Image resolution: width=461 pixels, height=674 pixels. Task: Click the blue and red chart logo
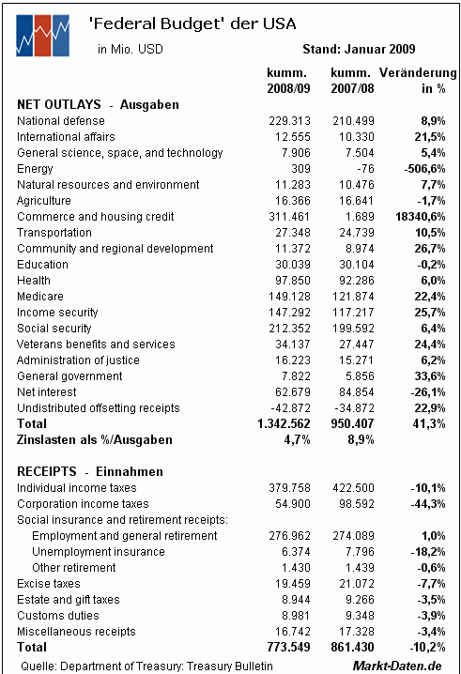pos(42,36)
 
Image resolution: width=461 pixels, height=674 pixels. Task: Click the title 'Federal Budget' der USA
pos(192,24)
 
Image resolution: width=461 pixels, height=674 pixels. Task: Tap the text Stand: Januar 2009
pos(359,49)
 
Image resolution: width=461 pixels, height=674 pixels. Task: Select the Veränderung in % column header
pos(418,81)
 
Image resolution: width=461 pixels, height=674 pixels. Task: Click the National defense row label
pos(61,121)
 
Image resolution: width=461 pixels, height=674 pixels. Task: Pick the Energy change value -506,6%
pos(424,169)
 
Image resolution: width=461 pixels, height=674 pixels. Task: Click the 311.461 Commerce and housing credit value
pos(289,216)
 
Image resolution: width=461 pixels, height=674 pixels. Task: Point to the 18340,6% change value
pos(420,216)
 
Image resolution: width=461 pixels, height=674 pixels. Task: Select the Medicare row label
pos(40,296)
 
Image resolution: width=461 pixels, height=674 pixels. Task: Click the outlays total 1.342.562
pos(284,423)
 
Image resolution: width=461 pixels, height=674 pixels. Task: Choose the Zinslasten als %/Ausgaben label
pos(95,439)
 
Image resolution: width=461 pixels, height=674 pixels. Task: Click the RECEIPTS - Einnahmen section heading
pos(90,471)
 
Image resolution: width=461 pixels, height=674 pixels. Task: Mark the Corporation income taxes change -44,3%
pos(428,503)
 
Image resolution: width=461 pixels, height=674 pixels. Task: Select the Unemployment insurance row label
pos(99,551)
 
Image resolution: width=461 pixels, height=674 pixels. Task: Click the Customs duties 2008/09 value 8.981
pos(296,615)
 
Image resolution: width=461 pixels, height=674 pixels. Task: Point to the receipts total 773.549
pos(288,647)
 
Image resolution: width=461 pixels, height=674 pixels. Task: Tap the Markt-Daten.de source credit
pos(397,666)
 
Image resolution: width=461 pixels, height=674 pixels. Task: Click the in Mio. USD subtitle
pos(131,49)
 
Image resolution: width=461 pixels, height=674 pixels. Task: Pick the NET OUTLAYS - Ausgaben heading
pos(98,104)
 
